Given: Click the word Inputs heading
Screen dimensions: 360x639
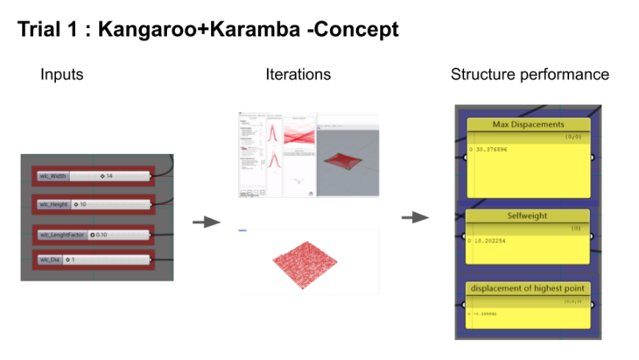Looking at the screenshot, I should coord(61,74).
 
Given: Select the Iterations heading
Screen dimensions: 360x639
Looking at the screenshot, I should coord(298,74).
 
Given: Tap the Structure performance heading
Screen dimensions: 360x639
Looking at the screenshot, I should coord(530,74).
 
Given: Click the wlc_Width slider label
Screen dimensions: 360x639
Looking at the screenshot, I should coord(53,176).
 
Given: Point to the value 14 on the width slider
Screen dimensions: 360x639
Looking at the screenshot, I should coord(109,176).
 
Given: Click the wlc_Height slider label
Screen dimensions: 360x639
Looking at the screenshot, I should coord(53,205).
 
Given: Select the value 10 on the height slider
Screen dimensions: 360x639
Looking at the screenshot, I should coord(82,205).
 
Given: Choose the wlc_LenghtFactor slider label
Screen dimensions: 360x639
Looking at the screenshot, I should coord(60,235).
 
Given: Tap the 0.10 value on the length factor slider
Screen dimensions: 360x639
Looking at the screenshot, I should coord(99,235).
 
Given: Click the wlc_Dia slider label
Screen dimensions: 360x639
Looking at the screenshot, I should coord(49,259).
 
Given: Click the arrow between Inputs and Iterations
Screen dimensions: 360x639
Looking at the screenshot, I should coord(205,222).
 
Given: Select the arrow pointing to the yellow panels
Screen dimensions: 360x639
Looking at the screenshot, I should coord(415,216).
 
